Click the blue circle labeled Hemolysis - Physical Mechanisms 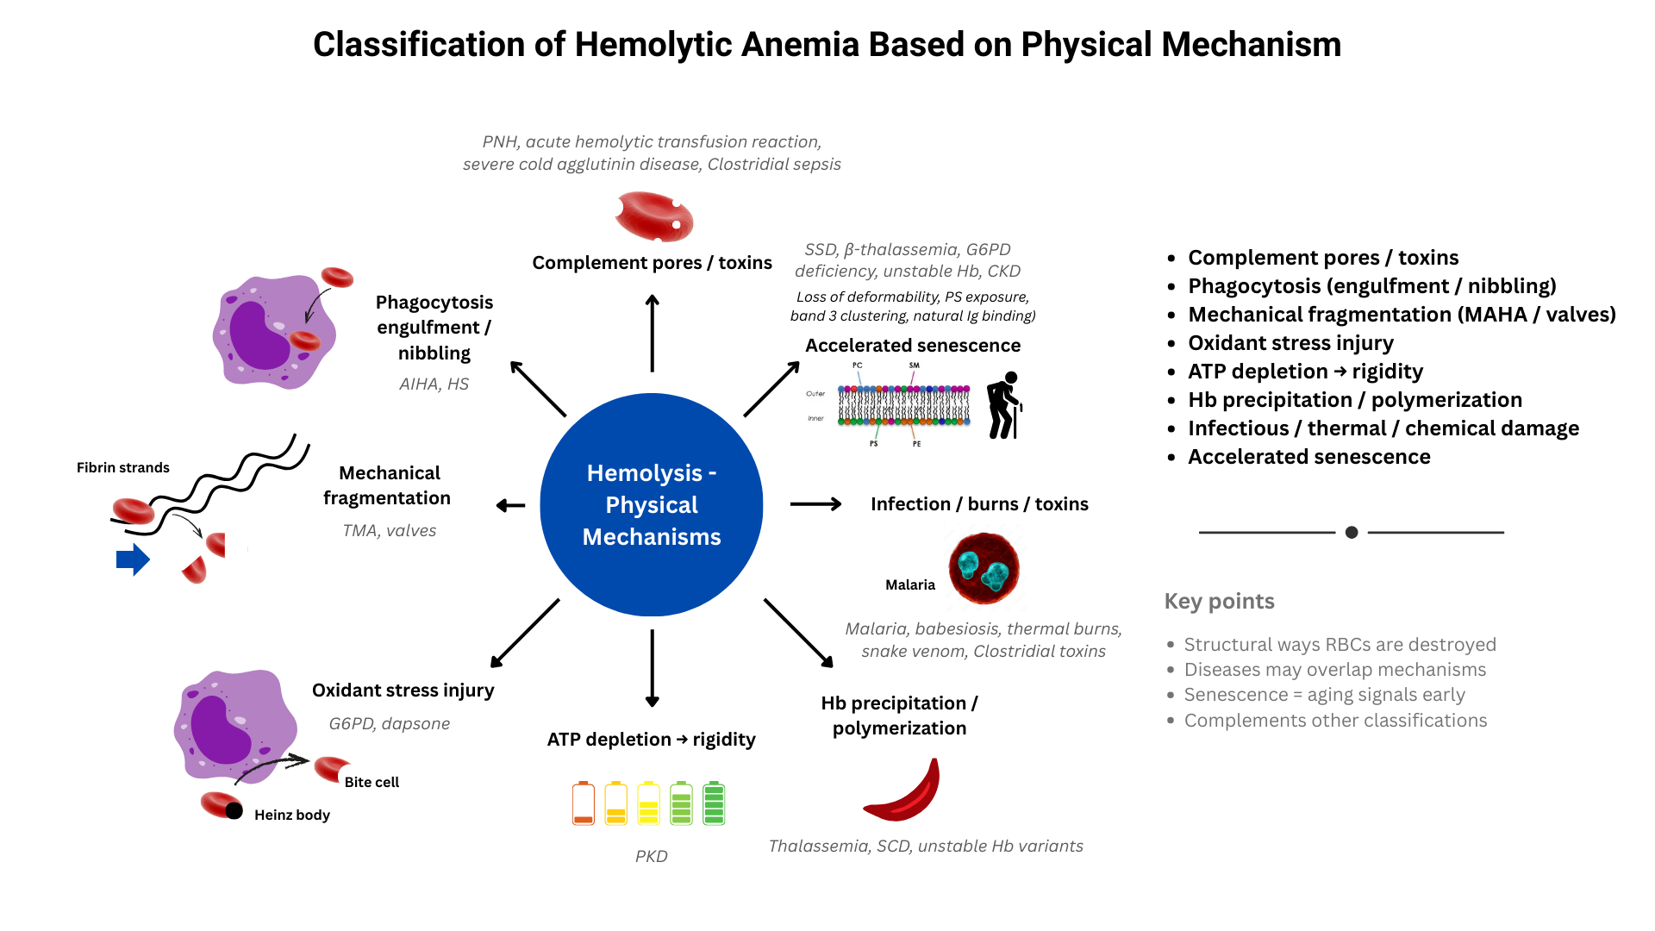[652, 504]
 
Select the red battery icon [584, 803]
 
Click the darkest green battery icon [714, 803]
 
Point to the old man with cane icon [1003, 405]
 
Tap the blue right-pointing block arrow [133, 560]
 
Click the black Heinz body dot [234, 810]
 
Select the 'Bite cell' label [372, 782]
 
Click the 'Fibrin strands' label [123, 467]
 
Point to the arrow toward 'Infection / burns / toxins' [815, 504]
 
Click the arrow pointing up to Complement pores [653, 333]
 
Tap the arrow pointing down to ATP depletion [653, 668]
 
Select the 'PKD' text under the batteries [652, 856]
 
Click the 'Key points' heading [1219, 601]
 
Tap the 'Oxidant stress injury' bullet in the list [1290, 343]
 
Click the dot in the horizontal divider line [1352, 533]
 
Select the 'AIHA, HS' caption [434, 384]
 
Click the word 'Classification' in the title [418, 45]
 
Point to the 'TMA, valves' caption [390, 531]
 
